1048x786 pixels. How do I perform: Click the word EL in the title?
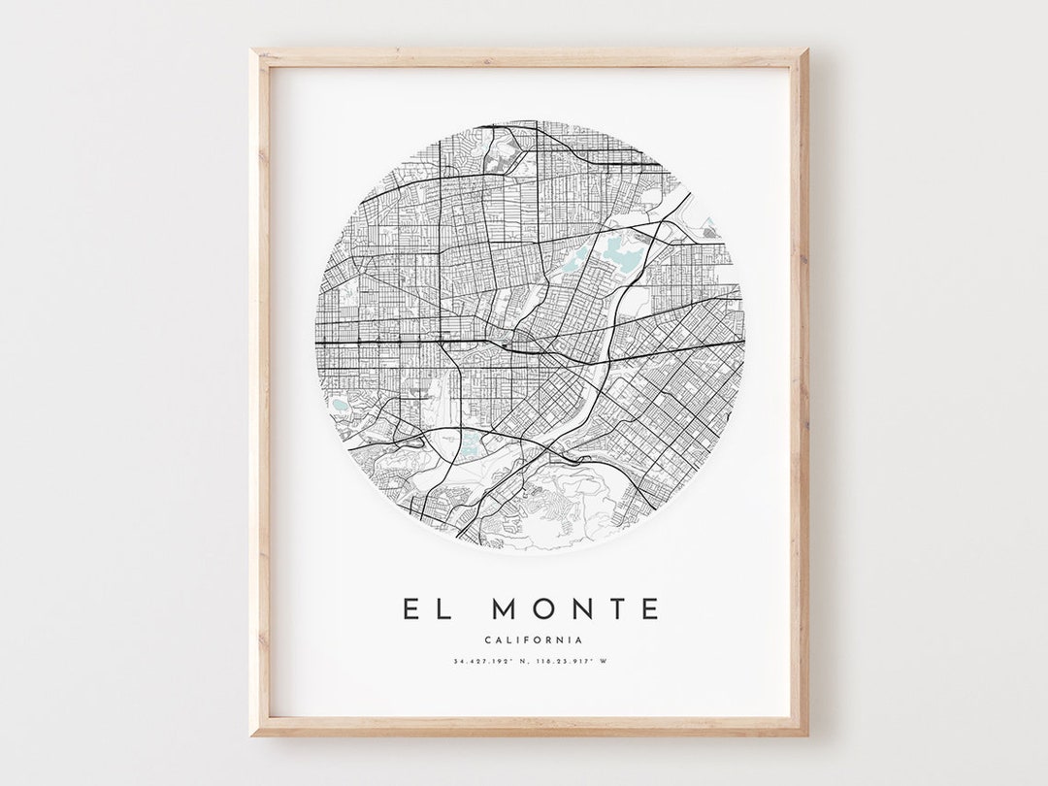(427, 609)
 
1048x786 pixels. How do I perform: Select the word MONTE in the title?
(575, 609)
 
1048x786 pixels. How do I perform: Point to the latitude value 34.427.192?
(485, 662)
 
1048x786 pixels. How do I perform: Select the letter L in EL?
(442, 609)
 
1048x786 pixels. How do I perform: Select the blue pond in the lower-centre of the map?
(471, 445)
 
